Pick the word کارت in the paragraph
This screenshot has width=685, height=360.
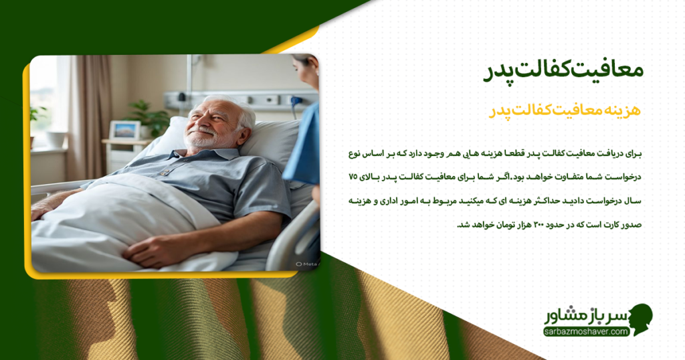point(608,224)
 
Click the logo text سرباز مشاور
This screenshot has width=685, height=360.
point(584,315)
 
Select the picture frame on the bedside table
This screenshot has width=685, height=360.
point(124,130)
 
